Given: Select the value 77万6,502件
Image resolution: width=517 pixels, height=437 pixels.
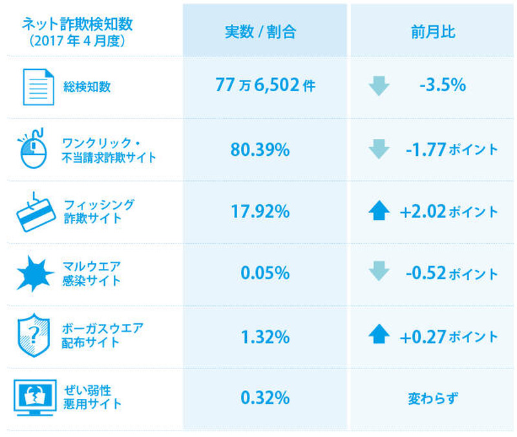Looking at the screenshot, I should (265, 85).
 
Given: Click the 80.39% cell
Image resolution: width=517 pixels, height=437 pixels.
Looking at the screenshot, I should (264, 149).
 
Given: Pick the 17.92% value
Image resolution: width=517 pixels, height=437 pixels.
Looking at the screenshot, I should (264, 211).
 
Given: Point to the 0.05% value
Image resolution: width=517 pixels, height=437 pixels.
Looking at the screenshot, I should (264, 273).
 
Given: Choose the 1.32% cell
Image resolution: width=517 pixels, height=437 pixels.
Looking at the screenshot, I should (264, 336).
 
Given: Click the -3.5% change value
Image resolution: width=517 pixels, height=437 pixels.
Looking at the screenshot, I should (442, 85).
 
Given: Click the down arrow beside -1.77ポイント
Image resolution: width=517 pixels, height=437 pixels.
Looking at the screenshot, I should (379, 149).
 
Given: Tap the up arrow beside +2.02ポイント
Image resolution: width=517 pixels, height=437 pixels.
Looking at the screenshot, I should (379, 211).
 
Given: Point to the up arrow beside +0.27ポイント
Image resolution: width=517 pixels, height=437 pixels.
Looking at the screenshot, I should (379, 336).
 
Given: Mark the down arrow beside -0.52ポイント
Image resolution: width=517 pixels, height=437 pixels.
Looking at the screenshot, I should (379, 273).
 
